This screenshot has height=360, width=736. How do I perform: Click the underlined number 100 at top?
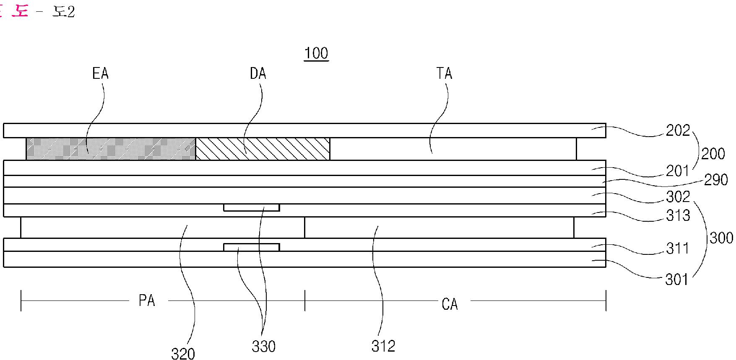point(316,54)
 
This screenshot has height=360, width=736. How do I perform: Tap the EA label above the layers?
point(100,74)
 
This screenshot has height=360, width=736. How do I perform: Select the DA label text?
point(258,74)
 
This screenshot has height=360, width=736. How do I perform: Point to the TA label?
point(444,74)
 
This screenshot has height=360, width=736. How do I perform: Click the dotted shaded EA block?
point(111,149)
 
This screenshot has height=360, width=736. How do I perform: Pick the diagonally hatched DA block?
point(263,149)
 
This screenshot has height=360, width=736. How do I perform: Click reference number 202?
point(678,131)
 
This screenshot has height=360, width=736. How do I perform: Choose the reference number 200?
point(713,154)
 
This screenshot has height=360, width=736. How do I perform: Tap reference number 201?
point(678,171)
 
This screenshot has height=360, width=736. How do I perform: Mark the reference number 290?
point(716,180)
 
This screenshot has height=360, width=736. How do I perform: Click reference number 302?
point(678,197)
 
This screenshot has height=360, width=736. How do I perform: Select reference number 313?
point(678,215)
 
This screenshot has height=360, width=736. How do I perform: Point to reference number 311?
point(678,248)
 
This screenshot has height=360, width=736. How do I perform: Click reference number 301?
point(677,279)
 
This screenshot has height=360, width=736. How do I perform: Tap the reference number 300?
point(721,238)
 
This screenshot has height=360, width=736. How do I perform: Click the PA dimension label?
point(147,301)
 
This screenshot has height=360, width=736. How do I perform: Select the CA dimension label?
point(450,304)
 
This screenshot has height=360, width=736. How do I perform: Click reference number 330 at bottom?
point(263,347)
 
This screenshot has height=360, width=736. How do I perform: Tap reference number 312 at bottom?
point(383,346)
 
